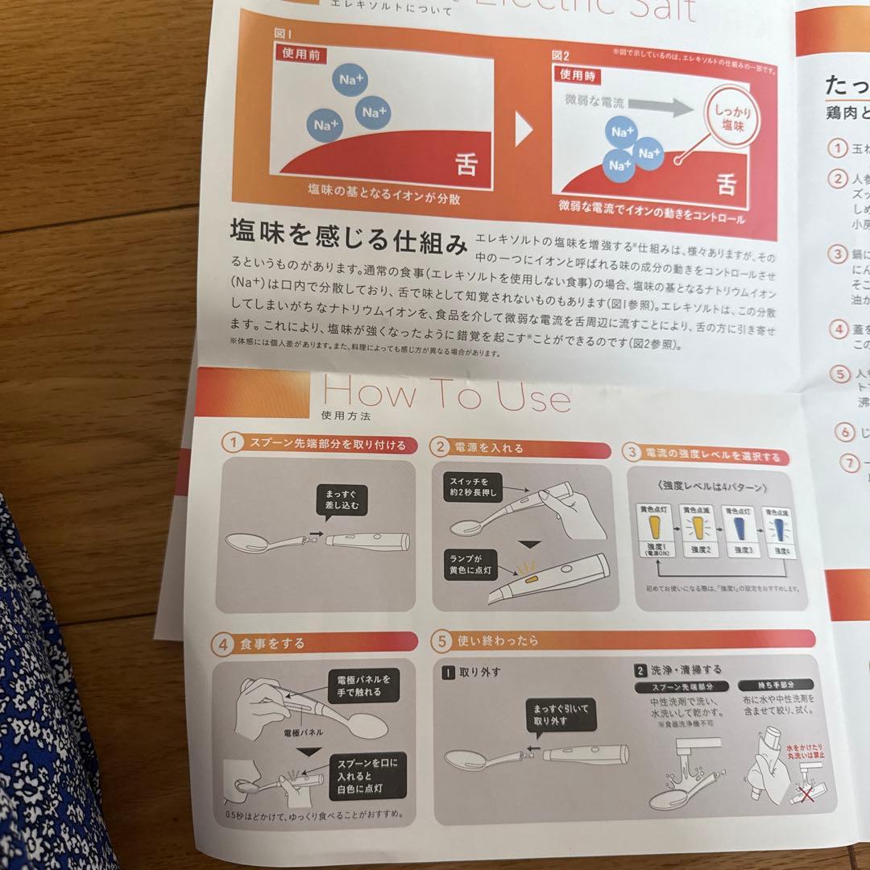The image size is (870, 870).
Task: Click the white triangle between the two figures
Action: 523,129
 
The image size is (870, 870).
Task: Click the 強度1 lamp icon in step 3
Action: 654,529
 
